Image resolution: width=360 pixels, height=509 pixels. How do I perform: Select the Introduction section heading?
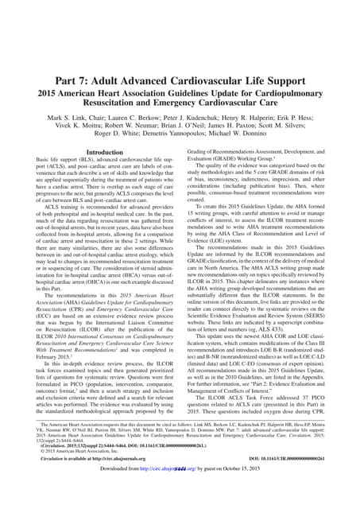(103, 151)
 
